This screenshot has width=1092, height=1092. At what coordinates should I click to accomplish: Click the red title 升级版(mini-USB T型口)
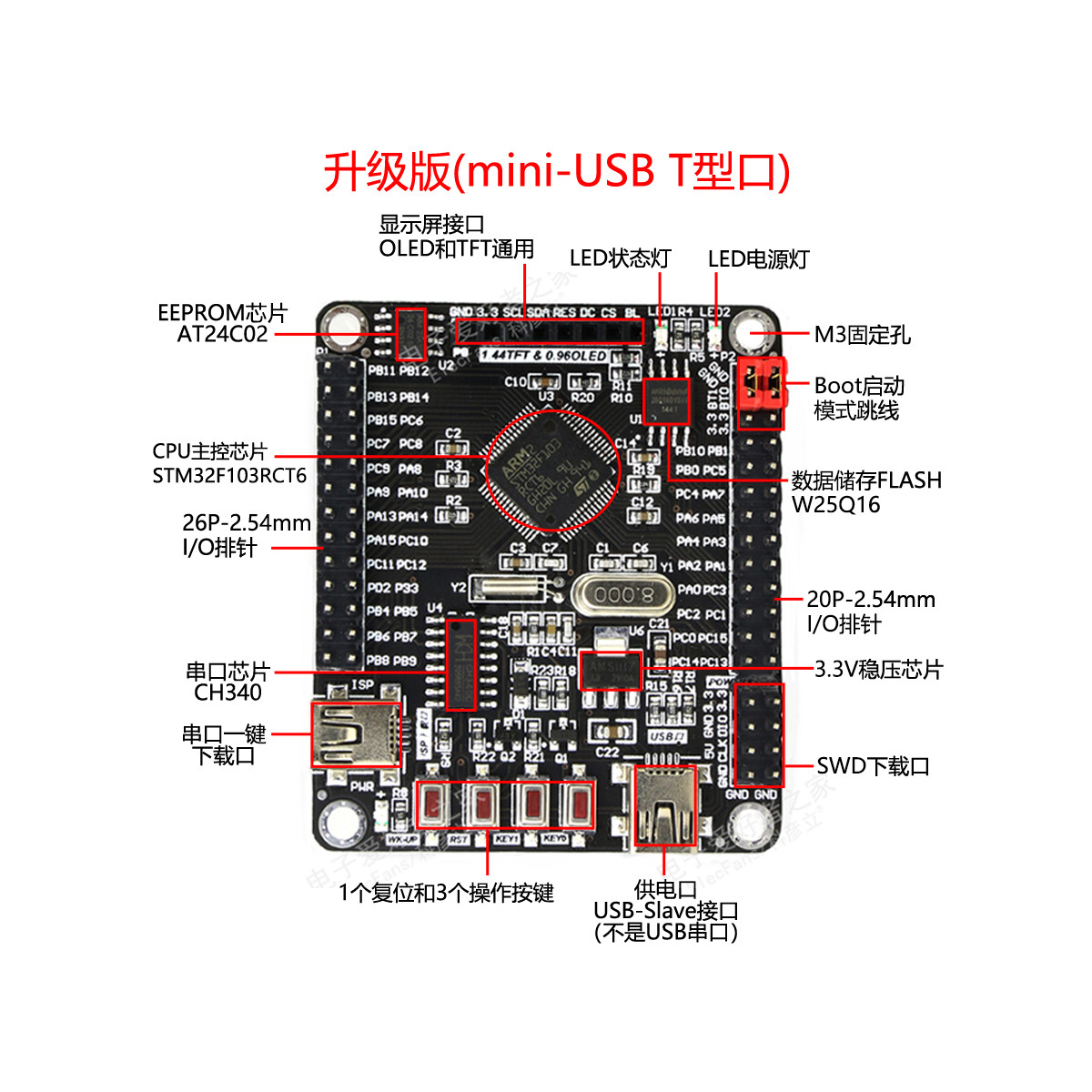(556, 171)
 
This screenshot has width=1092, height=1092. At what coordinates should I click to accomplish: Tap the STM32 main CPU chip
(551, 470)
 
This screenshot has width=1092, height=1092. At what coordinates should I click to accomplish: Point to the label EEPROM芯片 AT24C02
(222, 324)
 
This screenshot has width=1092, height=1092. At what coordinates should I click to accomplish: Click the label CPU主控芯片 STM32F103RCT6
(228, 463)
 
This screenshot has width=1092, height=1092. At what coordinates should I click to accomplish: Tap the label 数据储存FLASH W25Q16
(865, 491)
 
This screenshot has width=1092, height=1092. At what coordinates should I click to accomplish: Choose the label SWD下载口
(872, 766)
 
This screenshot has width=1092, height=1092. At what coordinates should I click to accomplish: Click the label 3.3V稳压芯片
(878, 670)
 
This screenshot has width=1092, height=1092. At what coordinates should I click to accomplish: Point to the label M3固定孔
(861, 335)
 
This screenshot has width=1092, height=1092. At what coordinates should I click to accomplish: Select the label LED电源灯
(758, 259)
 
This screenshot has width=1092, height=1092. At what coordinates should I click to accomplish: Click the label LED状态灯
(620, 258)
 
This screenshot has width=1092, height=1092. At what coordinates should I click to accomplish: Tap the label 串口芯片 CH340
(227, 682)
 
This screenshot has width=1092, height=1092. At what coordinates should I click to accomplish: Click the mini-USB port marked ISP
(356, 733)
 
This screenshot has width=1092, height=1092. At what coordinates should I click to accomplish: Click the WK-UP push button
(434, 804)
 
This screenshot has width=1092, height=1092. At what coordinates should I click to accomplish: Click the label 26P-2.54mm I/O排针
(246, 535)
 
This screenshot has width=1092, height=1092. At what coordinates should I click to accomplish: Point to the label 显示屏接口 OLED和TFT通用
(456, 237)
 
